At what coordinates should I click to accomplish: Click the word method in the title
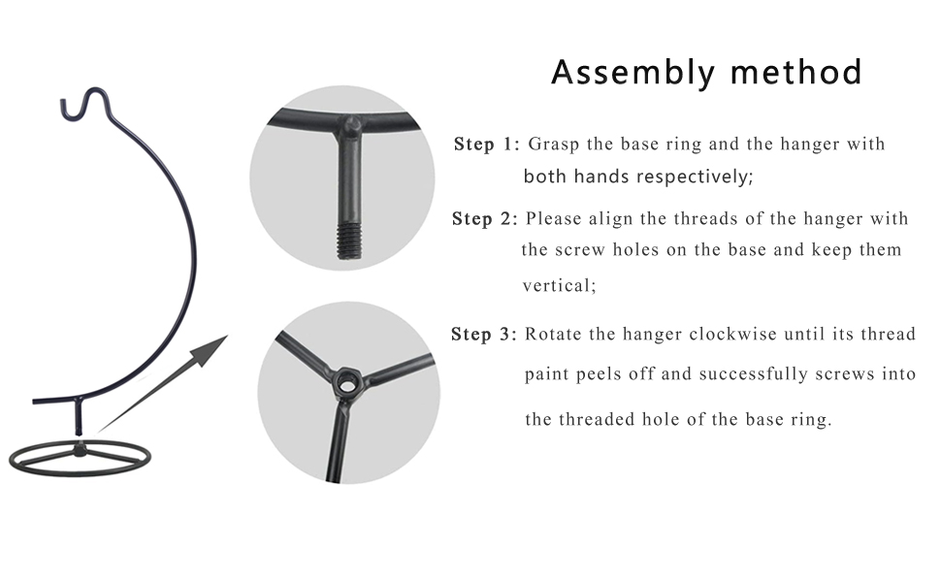tap(796, 72)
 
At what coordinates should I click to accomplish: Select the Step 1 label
tap(486, 144)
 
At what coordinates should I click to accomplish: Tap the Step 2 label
tap(484, 219)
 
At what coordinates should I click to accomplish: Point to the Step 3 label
tap(484, 335)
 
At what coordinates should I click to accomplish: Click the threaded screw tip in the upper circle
tap(348, 241)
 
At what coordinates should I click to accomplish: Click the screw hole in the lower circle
tap(345, 380)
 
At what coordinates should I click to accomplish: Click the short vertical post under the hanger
tap(78, 417)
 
